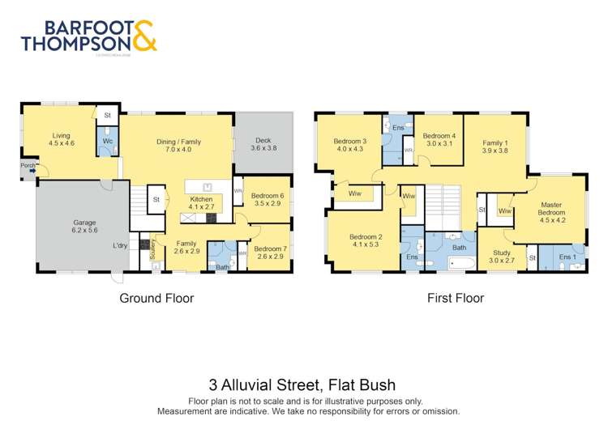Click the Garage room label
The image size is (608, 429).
(x=85, y=223)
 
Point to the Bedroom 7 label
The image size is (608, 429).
(x=270, y=248)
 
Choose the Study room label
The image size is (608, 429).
(x=501, y=253)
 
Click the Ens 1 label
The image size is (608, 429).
(x=568, y=257)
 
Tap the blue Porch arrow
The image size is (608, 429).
(x=32, y=171)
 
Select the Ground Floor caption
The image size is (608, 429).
(x=156, y=298)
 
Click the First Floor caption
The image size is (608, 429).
(x=456, y=298)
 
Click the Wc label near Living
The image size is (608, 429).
(x=107, y=141)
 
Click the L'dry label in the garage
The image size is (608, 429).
(x=120, y=246)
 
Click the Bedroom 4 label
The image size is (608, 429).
(x=439, y=135)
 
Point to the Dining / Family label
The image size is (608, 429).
(x=178, y=142)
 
